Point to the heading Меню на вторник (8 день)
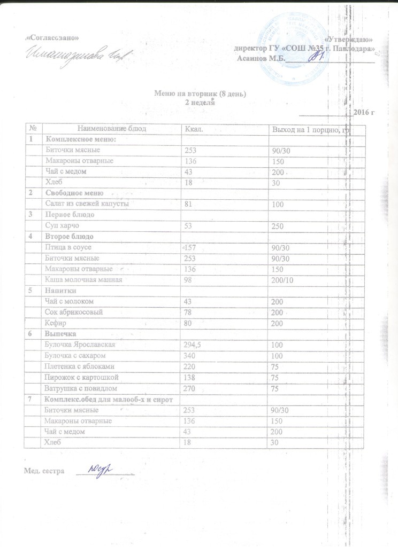point(200,95)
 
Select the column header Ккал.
point(192,129)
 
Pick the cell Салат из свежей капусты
point(86,204)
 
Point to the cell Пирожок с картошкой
point(80,378)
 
